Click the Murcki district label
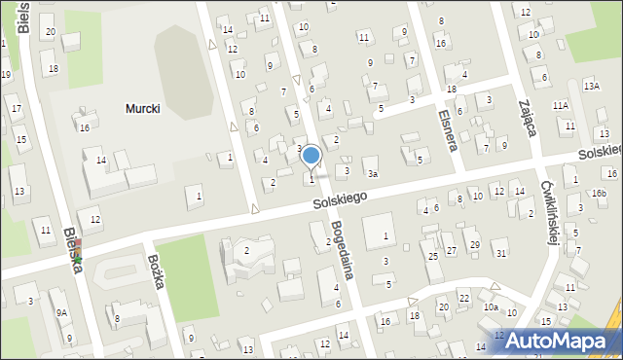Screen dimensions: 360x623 142,109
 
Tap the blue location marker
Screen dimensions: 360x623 311,156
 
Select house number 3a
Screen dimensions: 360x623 372,174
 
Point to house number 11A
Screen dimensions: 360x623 560,105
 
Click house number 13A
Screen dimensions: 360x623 592,87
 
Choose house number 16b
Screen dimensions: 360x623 599,194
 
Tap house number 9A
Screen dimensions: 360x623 61,312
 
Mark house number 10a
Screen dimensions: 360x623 492,307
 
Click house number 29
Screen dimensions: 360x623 474,244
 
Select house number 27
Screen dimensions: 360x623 451,250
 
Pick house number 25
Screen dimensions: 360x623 432,256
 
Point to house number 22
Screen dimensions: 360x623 464,298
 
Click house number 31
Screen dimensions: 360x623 501,254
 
